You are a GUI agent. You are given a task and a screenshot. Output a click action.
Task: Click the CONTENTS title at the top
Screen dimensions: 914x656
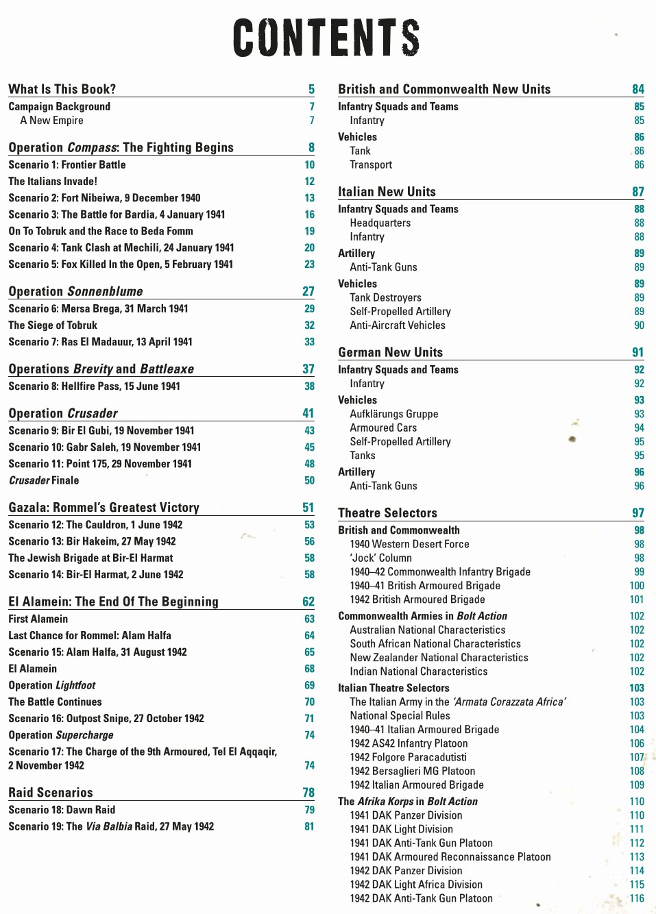[x=326, y=38]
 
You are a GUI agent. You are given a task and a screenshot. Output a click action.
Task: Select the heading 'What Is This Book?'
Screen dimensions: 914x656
[x=62, y=89]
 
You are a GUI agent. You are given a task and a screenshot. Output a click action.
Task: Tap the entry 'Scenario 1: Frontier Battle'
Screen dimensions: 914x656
[x=67, y=164]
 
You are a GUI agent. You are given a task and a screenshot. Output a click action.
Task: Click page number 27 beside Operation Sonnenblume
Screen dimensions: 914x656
[x=308, y=291]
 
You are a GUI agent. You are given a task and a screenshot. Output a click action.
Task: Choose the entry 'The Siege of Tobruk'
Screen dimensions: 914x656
[x=53, y=325]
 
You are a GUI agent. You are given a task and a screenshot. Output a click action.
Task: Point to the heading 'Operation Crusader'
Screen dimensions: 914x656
[x=63, y=413]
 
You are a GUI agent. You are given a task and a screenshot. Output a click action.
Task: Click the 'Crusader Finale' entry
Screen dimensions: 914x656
[x=44, y=480]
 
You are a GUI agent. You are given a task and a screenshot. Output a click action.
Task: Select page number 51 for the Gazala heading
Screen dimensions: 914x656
[x=308, y=508]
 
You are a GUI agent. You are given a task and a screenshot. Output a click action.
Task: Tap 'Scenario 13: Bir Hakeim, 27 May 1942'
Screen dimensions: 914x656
[x=92, y=541]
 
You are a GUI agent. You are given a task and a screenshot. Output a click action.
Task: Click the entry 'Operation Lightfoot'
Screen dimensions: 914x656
[x=52, y=685]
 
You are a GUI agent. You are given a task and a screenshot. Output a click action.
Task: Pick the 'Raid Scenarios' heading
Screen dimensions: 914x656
[x=51, y=793]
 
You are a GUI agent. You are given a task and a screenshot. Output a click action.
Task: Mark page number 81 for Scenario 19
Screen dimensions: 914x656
[x=309, y=826]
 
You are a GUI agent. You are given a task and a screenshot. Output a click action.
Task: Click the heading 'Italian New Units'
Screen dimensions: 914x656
[x=387, y=192]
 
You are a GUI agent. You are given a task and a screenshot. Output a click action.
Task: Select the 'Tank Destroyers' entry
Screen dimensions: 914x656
[x=385, y=297]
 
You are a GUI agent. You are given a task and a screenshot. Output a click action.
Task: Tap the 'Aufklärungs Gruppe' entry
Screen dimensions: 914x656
[x=393, y=414]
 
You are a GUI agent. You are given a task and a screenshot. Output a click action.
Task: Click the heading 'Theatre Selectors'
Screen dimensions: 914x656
[x=387, y=513]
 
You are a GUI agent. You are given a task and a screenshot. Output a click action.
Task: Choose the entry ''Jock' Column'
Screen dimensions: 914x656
[x=380, y=558]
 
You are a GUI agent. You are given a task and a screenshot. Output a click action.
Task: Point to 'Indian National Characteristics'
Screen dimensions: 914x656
[x=418, y=671]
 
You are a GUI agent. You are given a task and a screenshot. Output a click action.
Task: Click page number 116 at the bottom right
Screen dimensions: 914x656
[x=637, y=898]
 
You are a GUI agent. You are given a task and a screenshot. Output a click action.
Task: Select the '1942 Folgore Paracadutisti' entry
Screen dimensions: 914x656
[x=408, y=757]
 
